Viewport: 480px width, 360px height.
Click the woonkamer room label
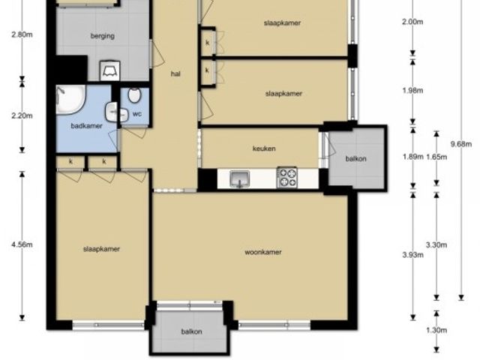pos(263,252)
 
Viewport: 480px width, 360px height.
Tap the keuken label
pos(264,148)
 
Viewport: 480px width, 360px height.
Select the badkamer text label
pos(87,126)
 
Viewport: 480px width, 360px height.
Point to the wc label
pos(137,114)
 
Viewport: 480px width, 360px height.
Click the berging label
pos(103,36)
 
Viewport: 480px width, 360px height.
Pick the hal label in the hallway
pos(175,73)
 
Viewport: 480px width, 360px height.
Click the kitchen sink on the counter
pos(240,178)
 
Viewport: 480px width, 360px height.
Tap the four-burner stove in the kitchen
pos(286,177)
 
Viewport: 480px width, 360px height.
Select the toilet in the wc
pos(134,95)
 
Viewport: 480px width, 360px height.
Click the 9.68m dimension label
pos(461,144)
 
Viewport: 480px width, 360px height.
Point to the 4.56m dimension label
pos(22,244)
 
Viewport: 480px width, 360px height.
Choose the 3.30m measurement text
pos(436,245)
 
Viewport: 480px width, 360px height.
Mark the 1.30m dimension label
pos(436,330)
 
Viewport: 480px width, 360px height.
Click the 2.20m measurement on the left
pos(22,115)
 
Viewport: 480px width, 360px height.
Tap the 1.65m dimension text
pos(436,157)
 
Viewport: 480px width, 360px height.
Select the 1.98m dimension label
pos(412,91)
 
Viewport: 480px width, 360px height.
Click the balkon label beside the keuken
pos(355,159)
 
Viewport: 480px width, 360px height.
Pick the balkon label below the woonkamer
pos(192,331)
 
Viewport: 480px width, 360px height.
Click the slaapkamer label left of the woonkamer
pos(102,249)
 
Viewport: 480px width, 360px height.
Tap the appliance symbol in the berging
pos(110,70)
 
